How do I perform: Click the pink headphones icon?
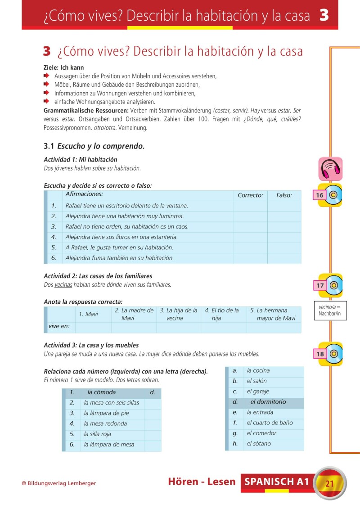coord(330,168)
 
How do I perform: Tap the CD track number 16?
coord(320,195)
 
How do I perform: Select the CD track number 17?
coord(320,285)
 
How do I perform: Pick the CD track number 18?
coord(320,354)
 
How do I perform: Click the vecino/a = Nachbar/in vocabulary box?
coord(330,311)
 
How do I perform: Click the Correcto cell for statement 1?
coord(250,206)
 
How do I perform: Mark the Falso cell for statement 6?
coord(284,258)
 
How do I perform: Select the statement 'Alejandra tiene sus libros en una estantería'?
coord(121,237)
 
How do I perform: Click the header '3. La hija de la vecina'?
coord(179,314)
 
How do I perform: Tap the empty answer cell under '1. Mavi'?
coord(93,327)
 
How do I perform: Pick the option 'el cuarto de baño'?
coord(270,423)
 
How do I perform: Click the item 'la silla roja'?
coord(97,434)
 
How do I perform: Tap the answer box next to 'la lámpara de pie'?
coord(153,413)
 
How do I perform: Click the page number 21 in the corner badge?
coord(329,484)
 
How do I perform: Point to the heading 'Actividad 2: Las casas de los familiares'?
coord(98,276)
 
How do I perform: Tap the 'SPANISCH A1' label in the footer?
coord(277,482)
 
